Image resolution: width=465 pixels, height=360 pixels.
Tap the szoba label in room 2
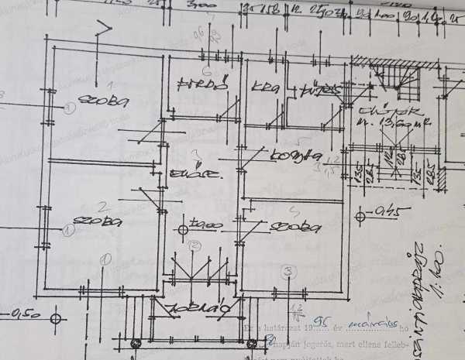pos(103,221)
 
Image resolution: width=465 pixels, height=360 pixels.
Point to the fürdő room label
pos(200,83)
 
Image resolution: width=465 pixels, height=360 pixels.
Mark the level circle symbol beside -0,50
pos(55,317)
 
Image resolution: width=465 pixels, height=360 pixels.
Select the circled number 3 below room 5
pos(288,271)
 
